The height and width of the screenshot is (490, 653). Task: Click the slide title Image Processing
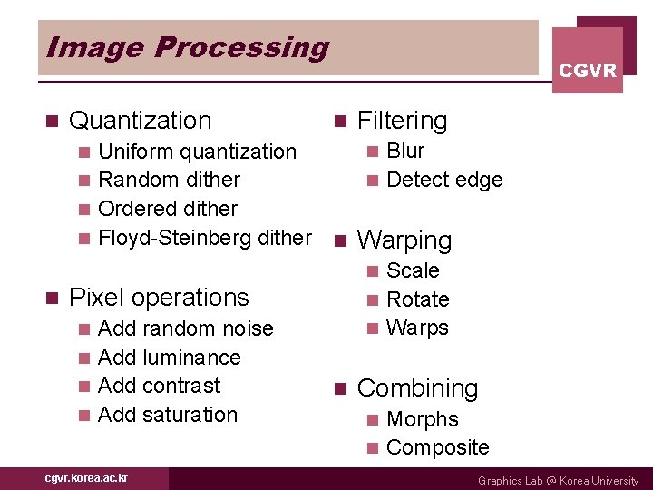[187, 47]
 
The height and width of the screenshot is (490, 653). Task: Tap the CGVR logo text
[587, 71]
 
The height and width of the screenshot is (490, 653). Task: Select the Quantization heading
[140, 121]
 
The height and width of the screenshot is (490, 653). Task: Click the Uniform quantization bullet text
[197, 152]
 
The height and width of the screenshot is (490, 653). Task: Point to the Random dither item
[169, 180]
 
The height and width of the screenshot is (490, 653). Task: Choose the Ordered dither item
[167, 209]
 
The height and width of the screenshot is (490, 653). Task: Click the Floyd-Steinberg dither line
[204, 238]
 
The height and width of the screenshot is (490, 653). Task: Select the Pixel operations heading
[158, 298]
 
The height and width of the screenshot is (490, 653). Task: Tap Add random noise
[185, 328]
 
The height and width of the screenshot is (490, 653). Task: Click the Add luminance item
[169, 358]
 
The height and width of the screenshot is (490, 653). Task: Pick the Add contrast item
[159, 386]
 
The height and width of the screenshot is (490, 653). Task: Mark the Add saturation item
[167, 415]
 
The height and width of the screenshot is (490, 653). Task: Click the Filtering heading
[402, 121]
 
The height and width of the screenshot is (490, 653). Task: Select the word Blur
[405, 151]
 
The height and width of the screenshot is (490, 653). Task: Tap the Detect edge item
[444, 180]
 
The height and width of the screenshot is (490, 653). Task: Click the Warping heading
[404, 240]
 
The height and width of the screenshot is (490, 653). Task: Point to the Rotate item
[417, 299]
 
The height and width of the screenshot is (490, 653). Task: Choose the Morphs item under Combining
[422, 419]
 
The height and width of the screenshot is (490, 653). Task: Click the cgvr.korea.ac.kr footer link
[87, 478]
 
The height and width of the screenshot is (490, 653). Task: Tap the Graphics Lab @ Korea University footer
[558, 481]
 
